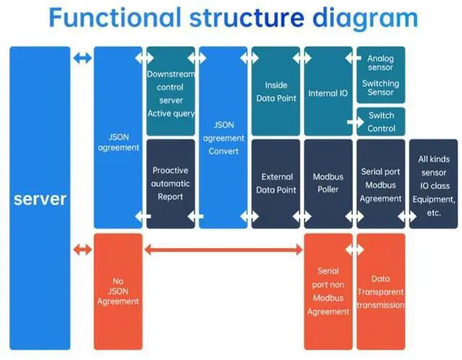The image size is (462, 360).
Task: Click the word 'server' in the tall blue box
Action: coord(40,199)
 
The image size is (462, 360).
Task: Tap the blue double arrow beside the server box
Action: coord(82,58)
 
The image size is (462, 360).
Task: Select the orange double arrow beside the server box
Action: coord(82,250)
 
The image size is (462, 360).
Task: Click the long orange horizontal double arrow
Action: coord(223,250)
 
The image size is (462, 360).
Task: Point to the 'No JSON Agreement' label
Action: coord(118,291)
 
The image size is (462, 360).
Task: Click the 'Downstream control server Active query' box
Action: coord(170,91)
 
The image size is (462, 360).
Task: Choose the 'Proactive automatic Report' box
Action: coord(170,184)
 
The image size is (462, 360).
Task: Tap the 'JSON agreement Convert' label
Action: coord(224,138)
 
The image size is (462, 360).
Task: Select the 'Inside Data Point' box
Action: coord(276,91)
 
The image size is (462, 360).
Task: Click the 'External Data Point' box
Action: coord(276,184)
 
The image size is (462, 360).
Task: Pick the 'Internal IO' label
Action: coord(328,93)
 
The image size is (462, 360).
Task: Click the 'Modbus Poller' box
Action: coord(328,184)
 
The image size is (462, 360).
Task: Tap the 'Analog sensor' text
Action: coord(380,63)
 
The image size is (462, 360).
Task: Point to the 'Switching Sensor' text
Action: coord(380,88)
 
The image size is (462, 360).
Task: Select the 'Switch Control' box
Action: coord(381,122)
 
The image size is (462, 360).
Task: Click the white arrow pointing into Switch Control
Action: coord(356,122)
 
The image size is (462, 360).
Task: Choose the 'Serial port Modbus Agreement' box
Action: coord(381,184)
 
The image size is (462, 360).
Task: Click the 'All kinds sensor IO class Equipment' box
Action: coord(433,184)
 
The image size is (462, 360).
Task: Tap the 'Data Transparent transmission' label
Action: coord(380,291)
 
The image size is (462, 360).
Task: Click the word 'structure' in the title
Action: coord(247,17)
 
